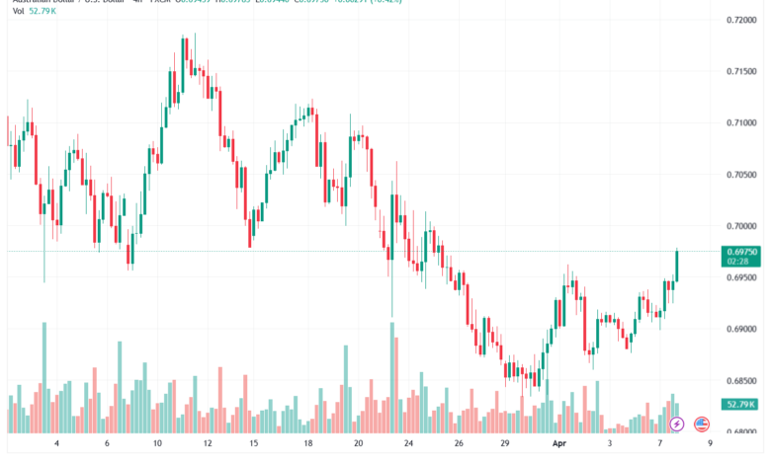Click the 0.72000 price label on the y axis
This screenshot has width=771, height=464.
pos(741,20)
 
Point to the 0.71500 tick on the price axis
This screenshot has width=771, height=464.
pos(741,71)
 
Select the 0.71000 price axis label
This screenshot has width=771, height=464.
pos(741,122)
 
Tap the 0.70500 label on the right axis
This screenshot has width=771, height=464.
pos(741,175)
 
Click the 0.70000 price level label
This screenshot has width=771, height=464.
pos(741,226)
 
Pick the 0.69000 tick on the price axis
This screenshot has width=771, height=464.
pos(741,329)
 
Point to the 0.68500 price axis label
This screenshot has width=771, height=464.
pos(741,380)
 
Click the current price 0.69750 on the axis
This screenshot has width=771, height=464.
pos(741,252)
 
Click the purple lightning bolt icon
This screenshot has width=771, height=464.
pos(677,425)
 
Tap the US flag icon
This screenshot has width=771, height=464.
pos(702,425)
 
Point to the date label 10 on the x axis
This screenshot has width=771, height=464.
pos(158,445)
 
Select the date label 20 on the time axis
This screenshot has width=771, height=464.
pos(358,445)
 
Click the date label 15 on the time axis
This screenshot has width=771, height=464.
pos(254,445)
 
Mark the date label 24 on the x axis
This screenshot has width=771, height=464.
pos(407,445)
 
